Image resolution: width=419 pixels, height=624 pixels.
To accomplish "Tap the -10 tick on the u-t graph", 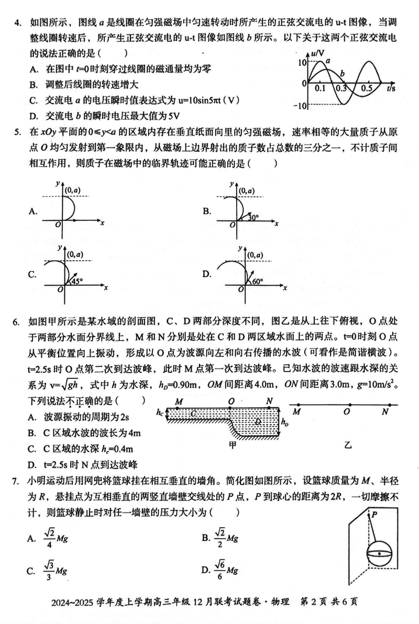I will [x=299, y=106].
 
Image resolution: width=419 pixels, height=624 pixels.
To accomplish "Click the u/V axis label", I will [x=317, y=53].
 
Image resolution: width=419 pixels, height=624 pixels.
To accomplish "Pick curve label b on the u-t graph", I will [x=342, y=72].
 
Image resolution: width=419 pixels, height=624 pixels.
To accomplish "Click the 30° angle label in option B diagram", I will [x=253, y=216].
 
